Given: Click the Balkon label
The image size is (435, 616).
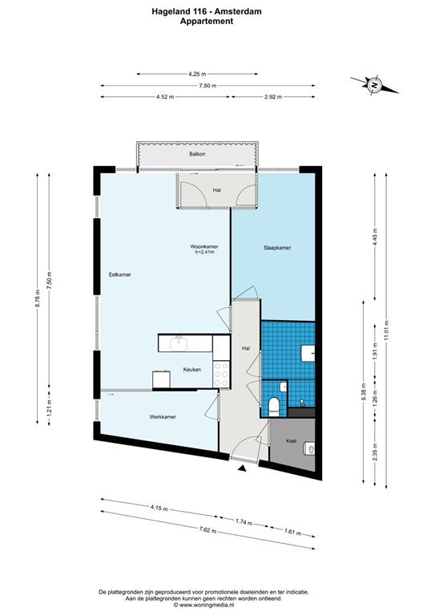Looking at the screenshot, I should [x=196, y=153].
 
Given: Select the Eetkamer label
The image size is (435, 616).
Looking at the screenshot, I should [x=120, y=275].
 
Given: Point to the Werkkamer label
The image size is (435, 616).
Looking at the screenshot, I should [x=163, y=417].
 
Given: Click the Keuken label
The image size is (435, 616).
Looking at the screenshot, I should [x=191, y=370].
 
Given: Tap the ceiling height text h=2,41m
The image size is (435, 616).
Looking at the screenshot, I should [x=205, y=252].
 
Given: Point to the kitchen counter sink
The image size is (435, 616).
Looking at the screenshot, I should [x=178, y=343].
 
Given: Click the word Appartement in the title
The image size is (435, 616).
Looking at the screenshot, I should [x=207, y=22].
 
